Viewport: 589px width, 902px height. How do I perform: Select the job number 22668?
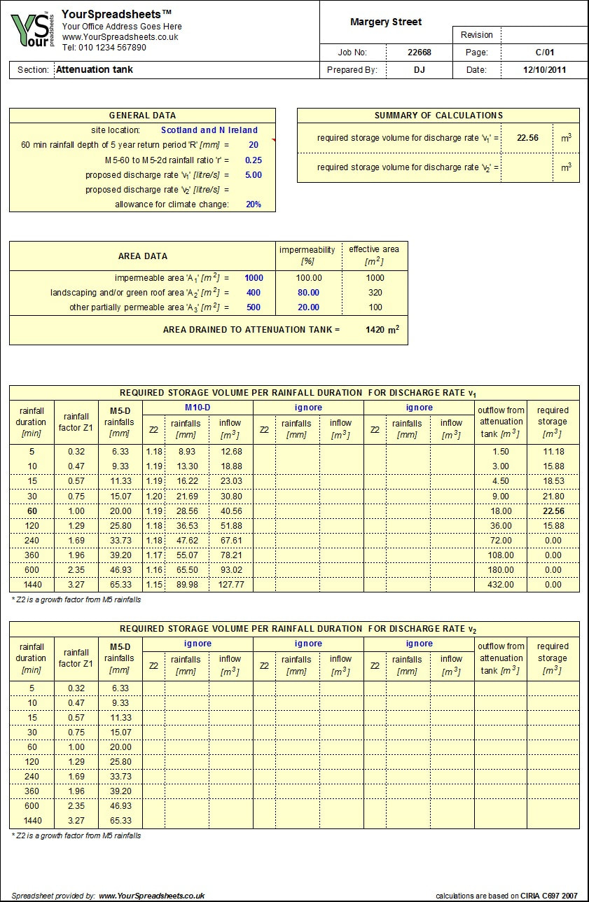420,52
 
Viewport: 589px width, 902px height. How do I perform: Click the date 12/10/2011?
544,69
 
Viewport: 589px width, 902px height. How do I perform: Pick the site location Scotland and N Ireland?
209,130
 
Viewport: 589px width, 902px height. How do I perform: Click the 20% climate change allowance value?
254,204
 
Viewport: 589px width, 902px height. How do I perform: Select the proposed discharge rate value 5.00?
254,175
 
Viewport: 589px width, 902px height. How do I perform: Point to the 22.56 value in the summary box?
527,138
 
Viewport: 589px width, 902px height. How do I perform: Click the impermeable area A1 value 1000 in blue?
254,278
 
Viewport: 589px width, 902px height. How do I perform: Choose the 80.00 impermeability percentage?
307,293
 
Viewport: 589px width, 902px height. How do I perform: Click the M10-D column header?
198,408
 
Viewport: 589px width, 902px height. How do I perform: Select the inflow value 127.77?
231,585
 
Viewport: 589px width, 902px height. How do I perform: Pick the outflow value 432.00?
501,585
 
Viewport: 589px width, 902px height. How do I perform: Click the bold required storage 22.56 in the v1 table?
553,511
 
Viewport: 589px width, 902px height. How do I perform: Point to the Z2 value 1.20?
153,496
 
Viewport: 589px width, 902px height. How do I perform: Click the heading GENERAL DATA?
142,116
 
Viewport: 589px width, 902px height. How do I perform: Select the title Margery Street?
386,22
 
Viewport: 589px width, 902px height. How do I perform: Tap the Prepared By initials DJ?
420,69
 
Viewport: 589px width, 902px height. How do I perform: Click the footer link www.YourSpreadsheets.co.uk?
151,895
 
